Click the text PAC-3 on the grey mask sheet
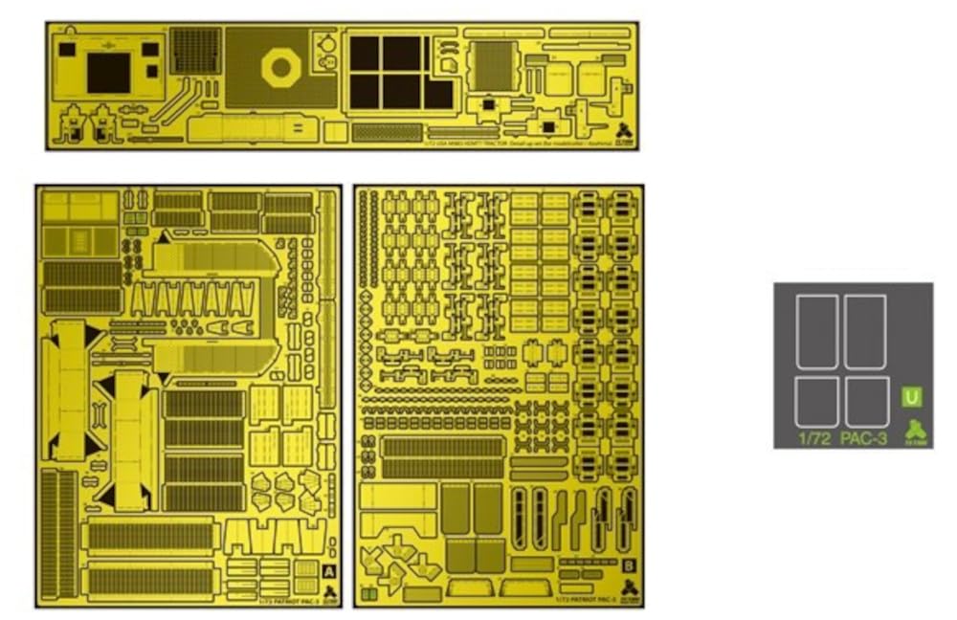pyautogui.click(x=867, y=439)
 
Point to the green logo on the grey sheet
pyautogui.click(x=917, y=430)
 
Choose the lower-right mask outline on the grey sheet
pyautogui.click(x=866, y=401)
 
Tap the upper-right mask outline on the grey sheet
pyautogui.click(x=865, y=331)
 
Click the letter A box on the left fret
pyautogui.click(x=328, y=570)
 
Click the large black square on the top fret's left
pyautogui.click(x=108, y=73)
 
